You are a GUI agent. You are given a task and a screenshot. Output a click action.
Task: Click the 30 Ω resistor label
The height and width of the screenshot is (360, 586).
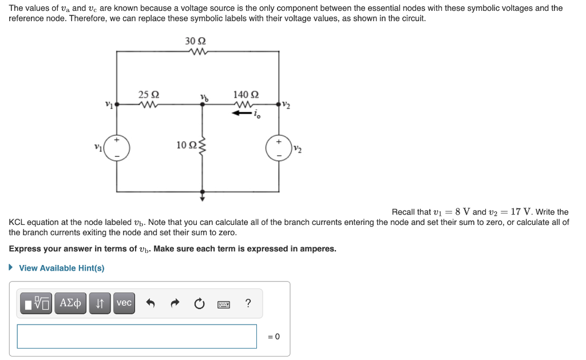point(195,41)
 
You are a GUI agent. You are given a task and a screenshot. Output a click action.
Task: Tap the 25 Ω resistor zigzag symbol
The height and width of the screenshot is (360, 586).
point(148,105)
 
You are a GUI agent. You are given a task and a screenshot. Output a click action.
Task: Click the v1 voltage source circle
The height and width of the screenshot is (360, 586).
point(117,148)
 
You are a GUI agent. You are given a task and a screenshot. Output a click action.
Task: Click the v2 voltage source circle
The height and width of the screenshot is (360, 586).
point(279,148)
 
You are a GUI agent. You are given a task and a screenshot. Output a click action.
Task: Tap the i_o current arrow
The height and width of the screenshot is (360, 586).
point(242,113)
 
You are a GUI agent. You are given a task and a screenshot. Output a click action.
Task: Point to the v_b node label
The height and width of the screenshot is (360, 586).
point(204,97)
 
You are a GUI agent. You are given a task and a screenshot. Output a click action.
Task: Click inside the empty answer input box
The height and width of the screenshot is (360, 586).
point(137,336)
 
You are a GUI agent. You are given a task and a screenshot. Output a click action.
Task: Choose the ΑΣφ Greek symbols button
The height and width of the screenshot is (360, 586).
point(70,303)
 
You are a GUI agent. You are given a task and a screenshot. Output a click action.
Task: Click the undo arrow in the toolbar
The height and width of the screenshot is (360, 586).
point(151,303)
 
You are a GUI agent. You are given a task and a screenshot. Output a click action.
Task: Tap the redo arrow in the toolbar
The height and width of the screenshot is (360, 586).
point(175,303)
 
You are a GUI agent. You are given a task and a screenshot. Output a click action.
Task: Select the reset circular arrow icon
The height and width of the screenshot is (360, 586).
point(199,303)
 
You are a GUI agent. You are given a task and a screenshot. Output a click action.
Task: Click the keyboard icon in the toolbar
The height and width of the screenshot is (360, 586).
point(223,304)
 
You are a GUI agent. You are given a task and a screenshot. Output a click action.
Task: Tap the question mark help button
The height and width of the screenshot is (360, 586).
point(247,303)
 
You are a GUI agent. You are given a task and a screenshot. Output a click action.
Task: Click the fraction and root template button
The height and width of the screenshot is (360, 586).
point(37,303)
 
